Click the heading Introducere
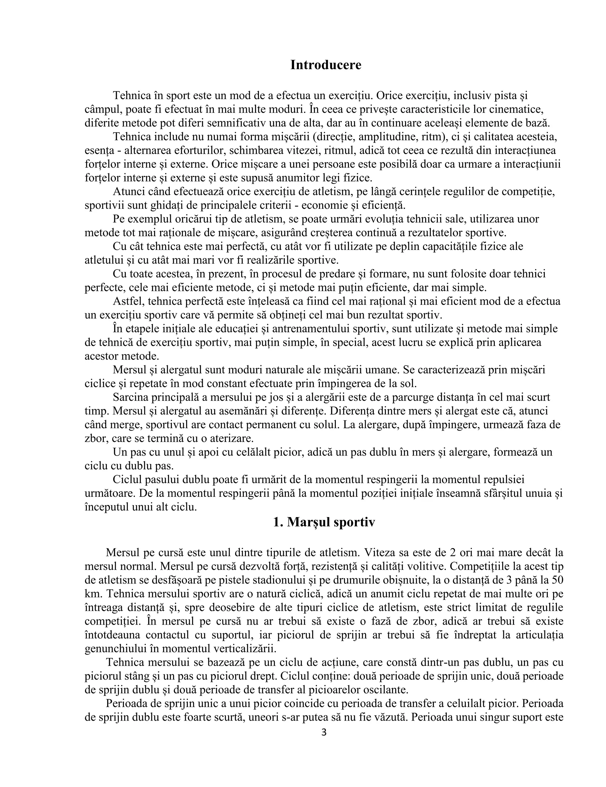point(325,65)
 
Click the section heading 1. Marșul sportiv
point(324,522)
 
